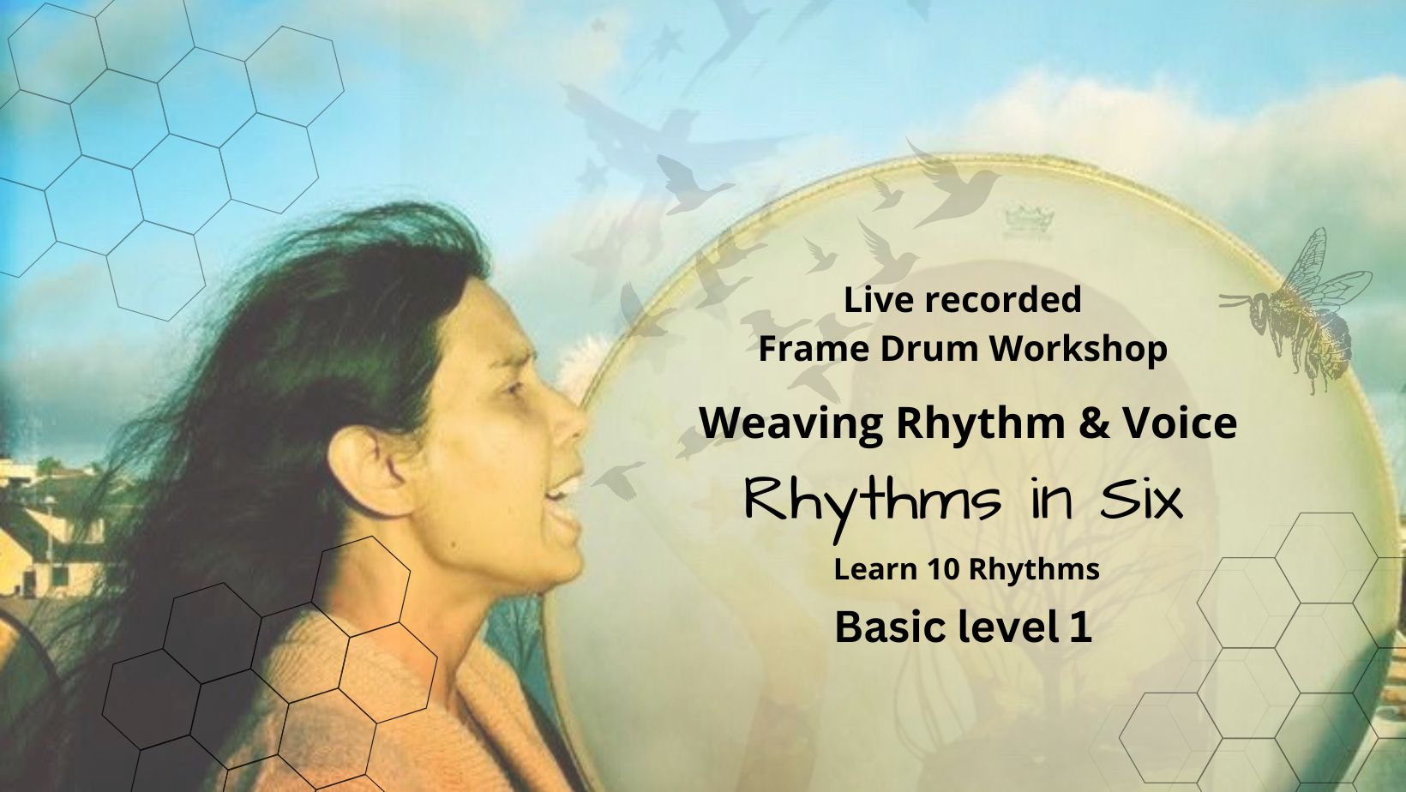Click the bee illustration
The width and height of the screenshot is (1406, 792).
(x=1301, y=311)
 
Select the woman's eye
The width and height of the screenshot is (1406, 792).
(x=514, y=388)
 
